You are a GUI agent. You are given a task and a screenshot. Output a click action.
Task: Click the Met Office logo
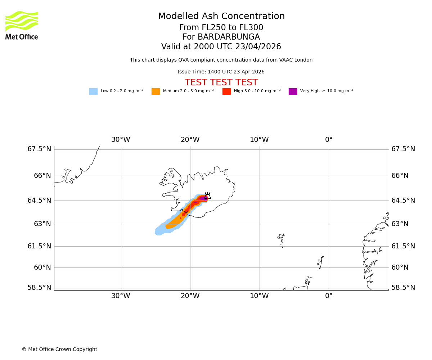click(x=22, y=25)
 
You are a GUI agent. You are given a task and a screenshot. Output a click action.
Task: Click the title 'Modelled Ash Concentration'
click(x=221, y=17)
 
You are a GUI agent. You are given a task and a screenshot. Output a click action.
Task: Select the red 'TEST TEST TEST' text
click(x=221, y=83)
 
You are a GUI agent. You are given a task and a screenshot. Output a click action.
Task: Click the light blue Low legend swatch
click(x=93, y=91)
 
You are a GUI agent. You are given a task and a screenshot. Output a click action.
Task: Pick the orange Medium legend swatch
click(x=156, y=91)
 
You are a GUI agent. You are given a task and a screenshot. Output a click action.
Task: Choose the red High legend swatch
click(x=226, y=91)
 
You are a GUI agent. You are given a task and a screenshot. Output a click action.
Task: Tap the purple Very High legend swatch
click(x=293, y=91)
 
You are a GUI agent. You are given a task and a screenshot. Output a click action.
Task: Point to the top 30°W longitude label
click(x=121, y=140)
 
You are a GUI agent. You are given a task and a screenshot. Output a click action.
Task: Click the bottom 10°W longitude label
click(x=259, y=296)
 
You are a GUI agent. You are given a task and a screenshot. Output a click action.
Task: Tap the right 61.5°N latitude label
click(x=403, y=246)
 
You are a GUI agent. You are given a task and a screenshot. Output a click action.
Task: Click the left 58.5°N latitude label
click(x=39, y=288)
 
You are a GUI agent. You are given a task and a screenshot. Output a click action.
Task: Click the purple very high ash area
click(x=203, y=198)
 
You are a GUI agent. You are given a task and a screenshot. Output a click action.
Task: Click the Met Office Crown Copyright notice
click(x=59, y=350)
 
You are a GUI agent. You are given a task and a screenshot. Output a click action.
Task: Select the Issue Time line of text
click(x=221, y=72)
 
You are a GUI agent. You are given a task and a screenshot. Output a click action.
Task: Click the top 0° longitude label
click(x=329, y=140)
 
